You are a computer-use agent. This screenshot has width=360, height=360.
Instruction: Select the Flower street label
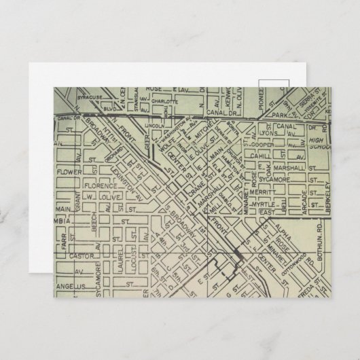pos(69,171)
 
